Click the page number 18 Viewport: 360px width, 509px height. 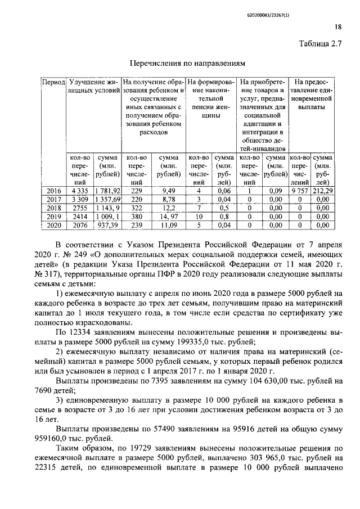[338, 26]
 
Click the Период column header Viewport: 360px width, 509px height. [54, 83]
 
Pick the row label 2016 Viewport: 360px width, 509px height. [54, 191]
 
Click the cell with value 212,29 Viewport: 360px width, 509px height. [322, 191]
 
